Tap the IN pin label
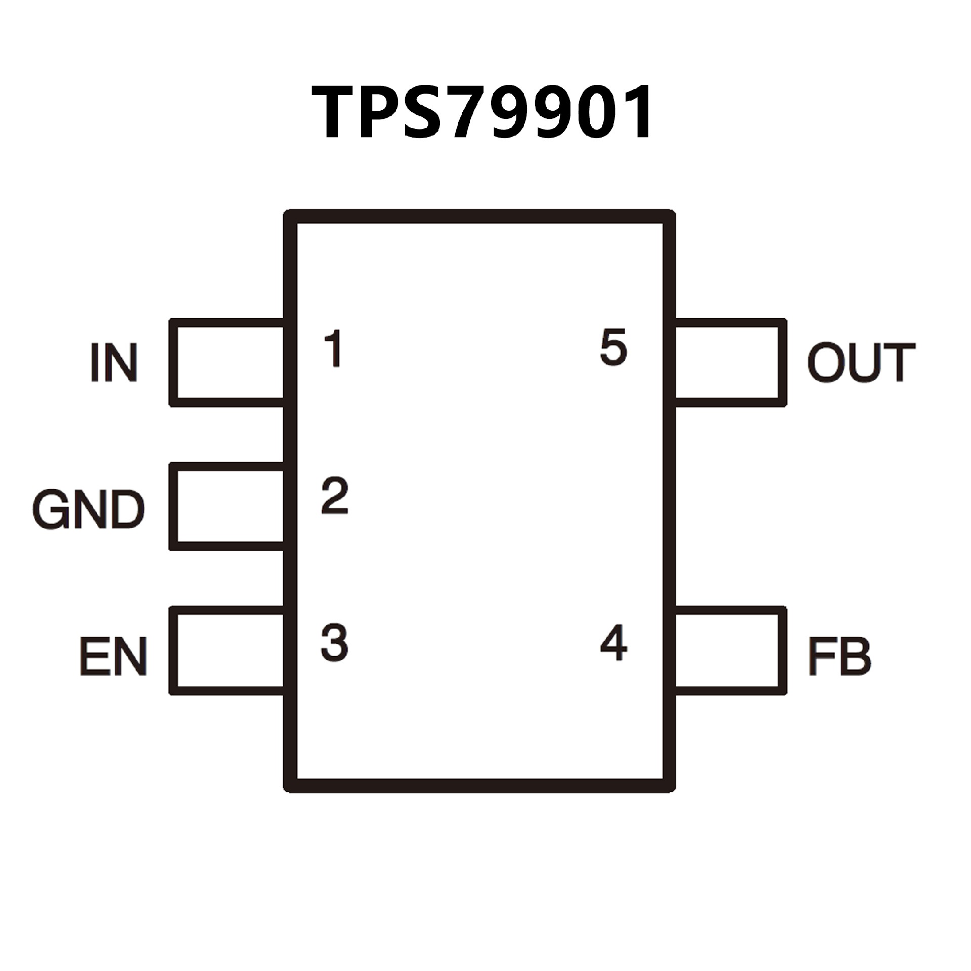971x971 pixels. pyautogui.click(x=114, y=362)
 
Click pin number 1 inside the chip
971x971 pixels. pyautogui.click(x=334, y=348)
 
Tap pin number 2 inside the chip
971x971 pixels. pyautogui.click(x=335, y=495)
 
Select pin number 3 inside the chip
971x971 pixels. pyautogui.click(x=334, y=642)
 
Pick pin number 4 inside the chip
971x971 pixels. pyautogui.click(x=613, y=643)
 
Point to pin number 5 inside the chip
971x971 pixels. pyautogui.click(x=613, y=347)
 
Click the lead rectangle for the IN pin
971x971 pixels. pyautogui.click(x=228, y=362)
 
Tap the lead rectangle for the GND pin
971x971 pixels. pyautogui.click(x=228, y=506)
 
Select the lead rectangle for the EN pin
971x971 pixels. pyautogui.click(x=228, y=650)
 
